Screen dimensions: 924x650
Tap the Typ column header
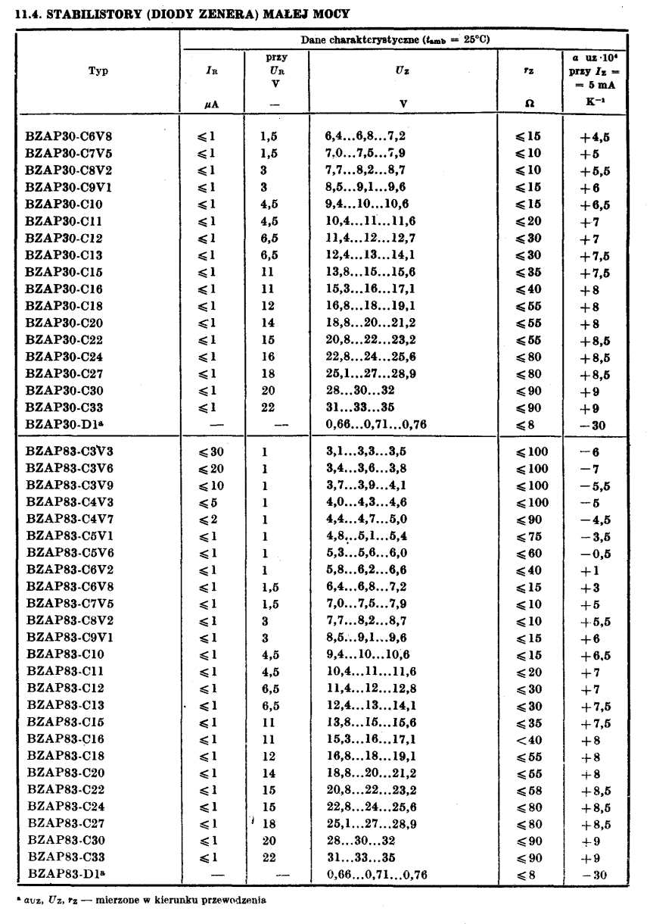click(x=98, y=71)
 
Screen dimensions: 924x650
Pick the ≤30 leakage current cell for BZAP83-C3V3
click(x=211, y=452)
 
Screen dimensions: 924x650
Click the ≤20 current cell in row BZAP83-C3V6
click(x=211, y=469)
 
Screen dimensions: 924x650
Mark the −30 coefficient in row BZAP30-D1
click(x=593, y=426)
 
